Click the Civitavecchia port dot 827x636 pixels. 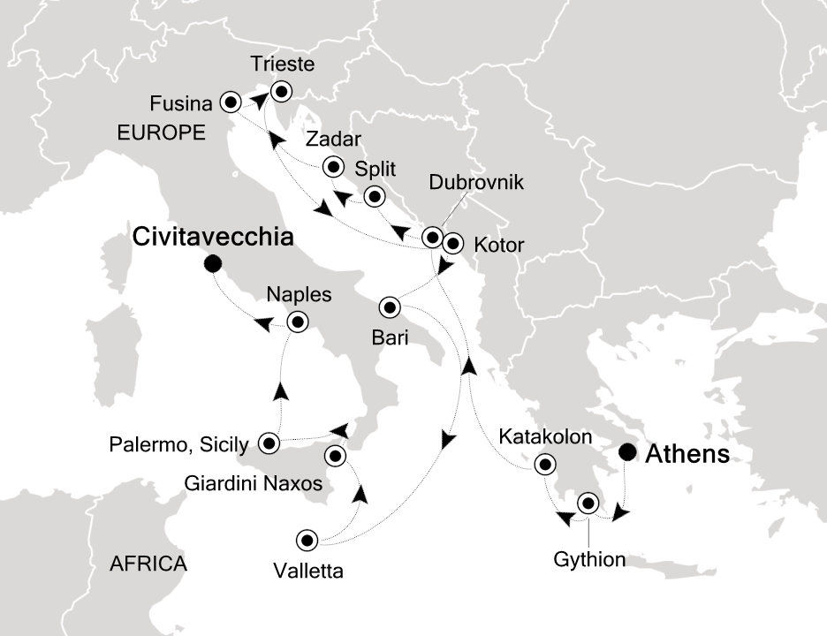(211, 264)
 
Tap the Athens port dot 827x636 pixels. (627, 453)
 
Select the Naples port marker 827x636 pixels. (298, 322)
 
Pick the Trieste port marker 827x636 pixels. (281, 90)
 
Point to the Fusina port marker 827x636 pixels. (231, 102)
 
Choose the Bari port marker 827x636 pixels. (390, 307)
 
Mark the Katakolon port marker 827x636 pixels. (545, 464)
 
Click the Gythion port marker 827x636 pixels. (588, 503)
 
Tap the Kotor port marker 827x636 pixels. (452, 243)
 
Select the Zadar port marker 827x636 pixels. (333, 166)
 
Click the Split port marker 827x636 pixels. (376, 196)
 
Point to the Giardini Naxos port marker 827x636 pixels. (336, 456)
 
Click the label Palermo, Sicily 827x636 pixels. (179, 443)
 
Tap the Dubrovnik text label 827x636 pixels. (477, 183)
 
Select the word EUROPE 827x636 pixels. (162, 133)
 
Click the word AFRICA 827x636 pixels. (148, 564)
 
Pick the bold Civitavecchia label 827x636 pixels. (212, 237)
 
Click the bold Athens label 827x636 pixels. (688, 454)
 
